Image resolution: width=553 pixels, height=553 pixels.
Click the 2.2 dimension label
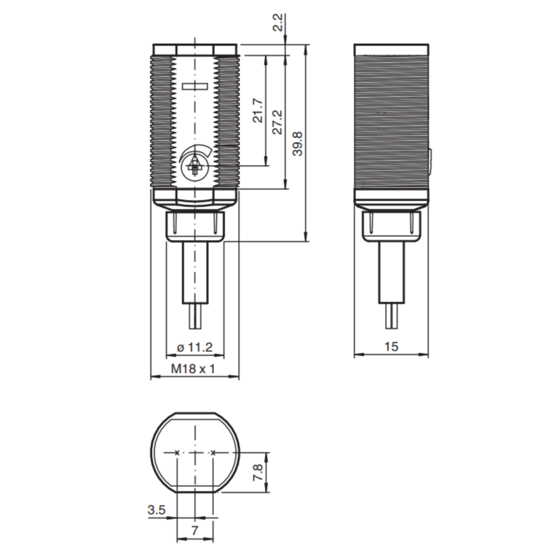coord(279,23)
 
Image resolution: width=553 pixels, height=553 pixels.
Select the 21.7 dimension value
coord(259,110)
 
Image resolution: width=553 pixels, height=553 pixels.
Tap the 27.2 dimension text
coord(278,122)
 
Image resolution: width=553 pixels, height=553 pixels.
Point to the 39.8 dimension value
coord(298,144)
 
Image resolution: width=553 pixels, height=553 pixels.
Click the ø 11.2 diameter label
coord(194,347)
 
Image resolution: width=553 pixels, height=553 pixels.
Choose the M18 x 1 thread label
coord(193,369)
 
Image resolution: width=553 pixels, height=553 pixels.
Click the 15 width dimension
coord(391,347)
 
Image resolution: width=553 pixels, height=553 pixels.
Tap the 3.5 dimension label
coord(157,510)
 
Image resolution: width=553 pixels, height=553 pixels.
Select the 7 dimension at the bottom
coord(194,530)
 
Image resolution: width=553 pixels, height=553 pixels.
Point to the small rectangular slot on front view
coord(194,86)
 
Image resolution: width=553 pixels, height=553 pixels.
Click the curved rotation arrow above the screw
coord(196,151)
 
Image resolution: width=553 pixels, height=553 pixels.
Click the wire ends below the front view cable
coord(195,316)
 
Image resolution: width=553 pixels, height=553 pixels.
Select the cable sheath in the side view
coord(392,273)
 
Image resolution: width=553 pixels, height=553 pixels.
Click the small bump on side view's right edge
coord(430,162)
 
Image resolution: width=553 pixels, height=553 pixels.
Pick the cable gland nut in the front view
coord(195,226)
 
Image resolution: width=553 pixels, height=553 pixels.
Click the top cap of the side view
coord(392,49)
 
